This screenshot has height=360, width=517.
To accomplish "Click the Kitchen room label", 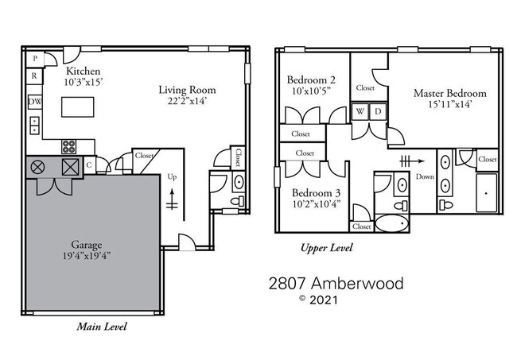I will point(83,71).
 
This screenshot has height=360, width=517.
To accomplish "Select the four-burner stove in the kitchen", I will point(69,146).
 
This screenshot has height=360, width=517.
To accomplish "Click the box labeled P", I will point(35,60).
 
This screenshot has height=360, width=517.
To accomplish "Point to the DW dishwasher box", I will point(35,103).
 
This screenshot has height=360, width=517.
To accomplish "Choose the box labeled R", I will point(35,77).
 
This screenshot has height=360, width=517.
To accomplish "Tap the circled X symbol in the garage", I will point(37,166).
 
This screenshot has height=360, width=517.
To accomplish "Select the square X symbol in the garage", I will point(70,166).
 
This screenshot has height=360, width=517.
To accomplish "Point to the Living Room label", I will point(187,90).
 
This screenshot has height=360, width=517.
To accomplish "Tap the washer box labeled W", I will point(360,111).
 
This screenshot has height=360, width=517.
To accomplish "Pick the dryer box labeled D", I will point(379,111).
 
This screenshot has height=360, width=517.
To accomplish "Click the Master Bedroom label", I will point(449,93).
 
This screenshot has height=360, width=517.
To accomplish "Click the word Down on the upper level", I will point(425,176).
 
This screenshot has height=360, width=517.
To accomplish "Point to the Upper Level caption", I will point(325,248).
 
